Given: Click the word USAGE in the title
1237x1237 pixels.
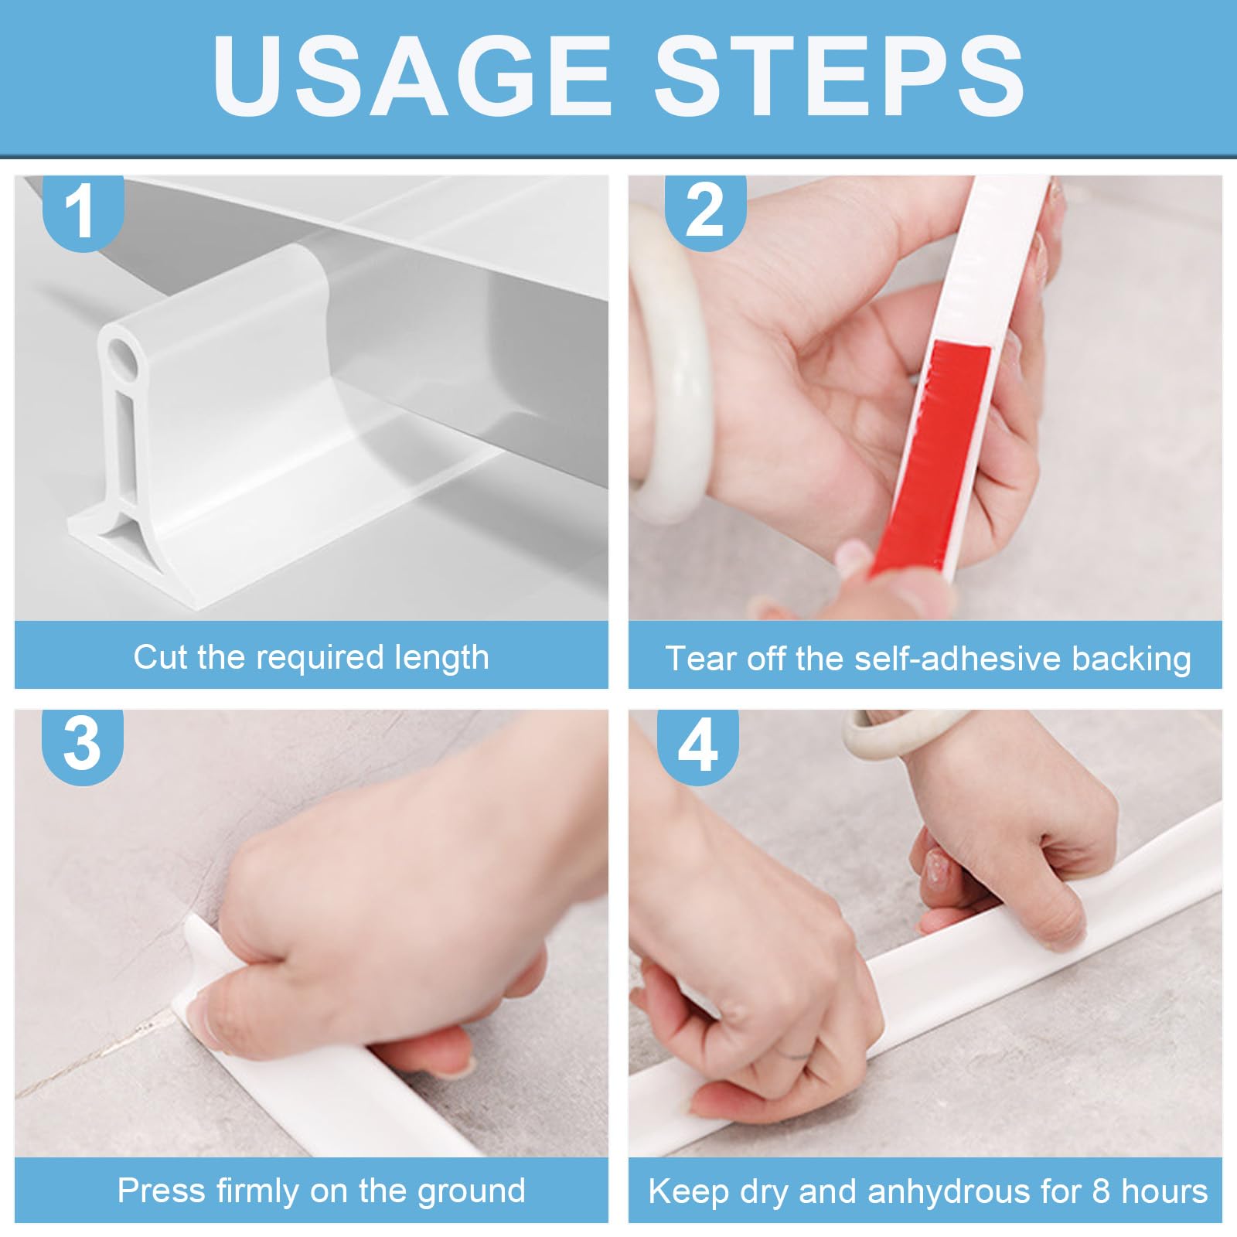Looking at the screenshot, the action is [412, 76].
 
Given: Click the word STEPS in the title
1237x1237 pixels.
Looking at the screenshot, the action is [840, 76].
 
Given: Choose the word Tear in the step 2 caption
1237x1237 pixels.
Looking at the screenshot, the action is [699, 659].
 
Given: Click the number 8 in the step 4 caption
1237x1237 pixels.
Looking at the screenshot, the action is [1101, 1191].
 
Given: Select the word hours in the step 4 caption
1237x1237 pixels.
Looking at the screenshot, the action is [1164, 1191].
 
